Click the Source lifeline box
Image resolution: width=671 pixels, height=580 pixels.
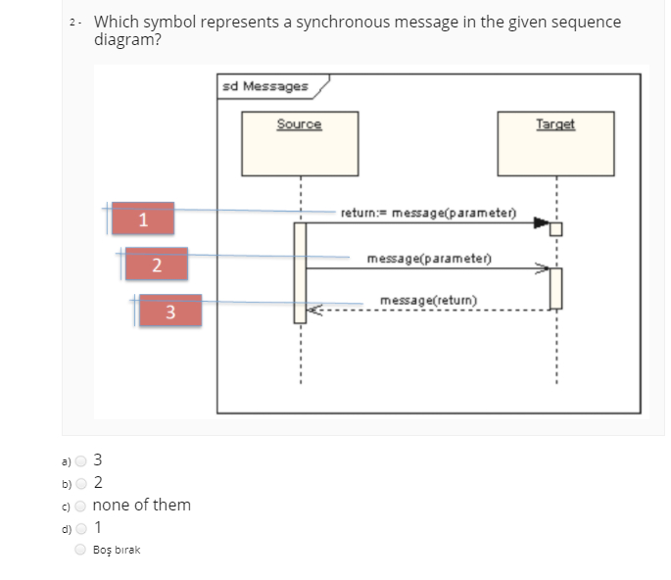click(x=300, y=144)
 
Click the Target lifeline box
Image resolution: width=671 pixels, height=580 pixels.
click(x=556, y=144)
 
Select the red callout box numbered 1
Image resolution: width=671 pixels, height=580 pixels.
click(x=143, y=218)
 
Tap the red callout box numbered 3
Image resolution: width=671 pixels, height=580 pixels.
click(x=169, y=312)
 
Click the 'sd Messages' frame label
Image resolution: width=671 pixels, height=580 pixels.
click(x=264, y=86)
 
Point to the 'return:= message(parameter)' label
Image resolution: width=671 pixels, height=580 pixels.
click(x=428, y=213)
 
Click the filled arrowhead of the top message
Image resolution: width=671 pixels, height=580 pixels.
click(x=541, y=223)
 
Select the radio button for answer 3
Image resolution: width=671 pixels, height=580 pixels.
click(x=82, y=459)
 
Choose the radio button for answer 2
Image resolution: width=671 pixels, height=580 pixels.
click(x=82, y=482)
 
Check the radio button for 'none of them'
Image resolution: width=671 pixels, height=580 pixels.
click(x=82, y=505)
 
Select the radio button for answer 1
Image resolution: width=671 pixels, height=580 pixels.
click(x=82, y=528)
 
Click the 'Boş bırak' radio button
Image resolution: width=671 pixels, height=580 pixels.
click(x=82, y=550)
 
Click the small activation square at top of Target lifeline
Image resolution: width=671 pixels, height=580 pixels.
click(x=556, y=229)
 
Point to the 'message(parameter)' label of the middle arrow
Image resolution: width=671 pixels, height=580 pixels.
click(x=428, y=259)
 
